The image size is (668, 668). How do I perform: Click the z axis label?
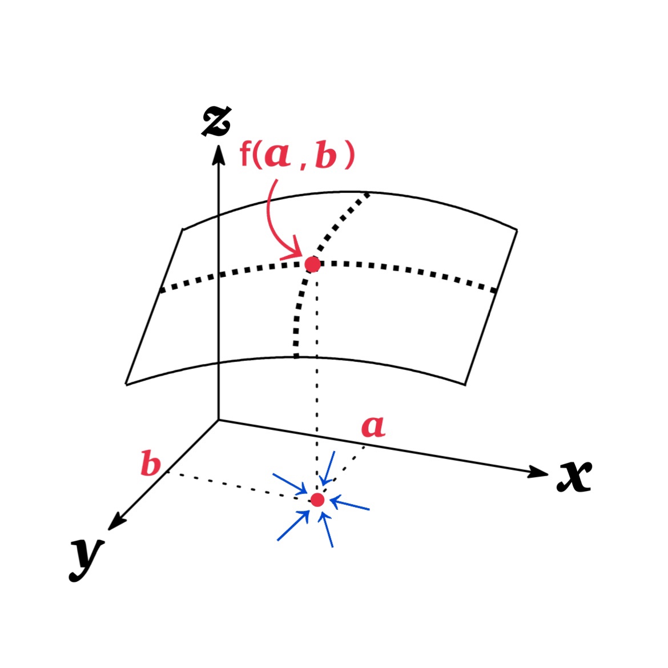(x=216, y=122)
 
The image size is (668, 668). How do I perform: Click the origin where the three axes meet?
(x=218, y=420)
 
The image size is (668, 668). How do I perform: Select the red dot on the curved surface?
(x=312, y=264)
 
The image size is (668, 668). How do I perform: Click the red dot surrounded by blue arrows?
(x=317, y=500)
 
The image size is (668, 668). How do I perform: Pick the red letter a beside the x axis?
(x=373, y=426)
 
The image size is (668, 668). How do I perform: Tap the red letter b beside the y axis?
(x=151, y=464)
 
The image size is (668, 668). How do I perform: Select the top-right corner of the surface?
(x=517, y=230)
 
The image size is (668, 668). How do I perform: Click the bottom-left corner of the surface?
(x=126, y=384)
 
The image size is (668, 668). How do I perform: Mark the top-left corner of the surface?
(x=182, y=230)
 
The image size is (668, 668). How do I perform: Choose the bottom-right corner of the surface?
(x=466, y=384)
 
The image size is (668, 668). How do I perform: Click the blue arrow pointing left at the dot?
(x=349, y=505)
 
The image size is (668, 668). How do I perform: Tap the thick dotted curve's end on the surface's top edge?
(x=368, y=194)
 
